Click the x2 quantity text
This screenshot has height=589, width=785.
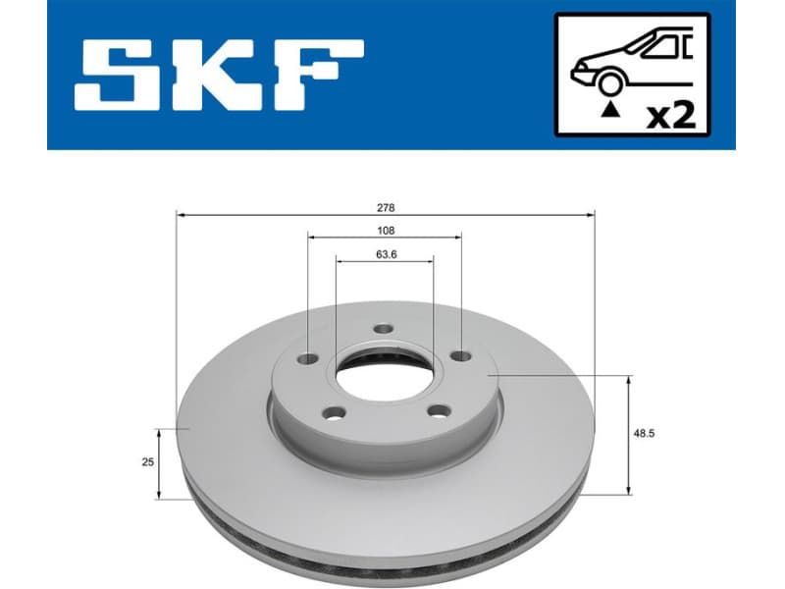(x=673, y=116)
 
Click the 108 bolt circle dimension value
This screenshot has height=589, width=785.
(x=386, y=231)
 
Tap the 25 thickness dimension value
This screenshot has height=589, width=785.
(x=148, y=462)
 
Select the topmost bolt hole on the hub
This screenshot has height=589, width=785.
(x=384, y=331)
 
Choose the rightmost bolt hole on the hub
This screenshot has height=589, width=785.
(x=456, y=357)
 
